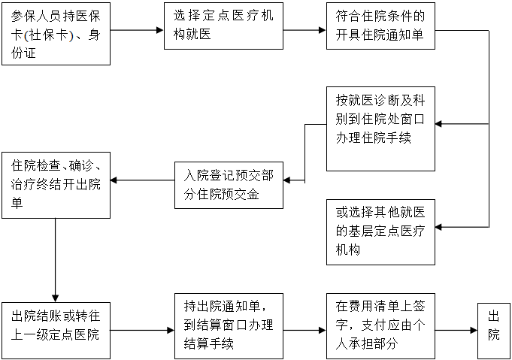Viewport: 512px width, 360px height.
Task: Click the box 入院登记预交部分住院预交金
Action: pyautogui.click(x=229, y=185)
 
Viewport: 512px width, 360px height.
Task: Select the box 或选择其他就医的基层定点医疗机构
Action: pyautogui.click(x=380, y=232)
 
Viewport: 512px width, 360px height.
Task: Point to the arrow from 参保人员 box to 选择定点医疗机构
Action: pyautogui.click(x=137, y=31)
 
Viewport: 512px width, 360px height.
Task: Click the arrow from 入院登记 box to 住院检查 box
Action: pyautogui.click(x=142, y=180)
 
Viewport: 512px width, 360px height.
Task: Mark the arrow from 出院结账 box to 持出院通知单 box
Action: pyautogui.click(x=142, y=330)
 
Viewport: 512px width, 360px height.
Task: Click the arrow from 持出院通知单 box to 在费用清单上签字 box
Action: pyautogui.click(x=304, y=330)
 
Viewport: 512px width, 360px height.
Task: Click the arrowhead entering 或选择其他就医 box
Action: pyautogui.click(x=441, y=227)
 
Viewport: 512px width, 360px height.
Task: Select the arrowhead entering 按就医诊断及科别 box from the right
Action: pyautogui.click(x=441, y=124)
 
